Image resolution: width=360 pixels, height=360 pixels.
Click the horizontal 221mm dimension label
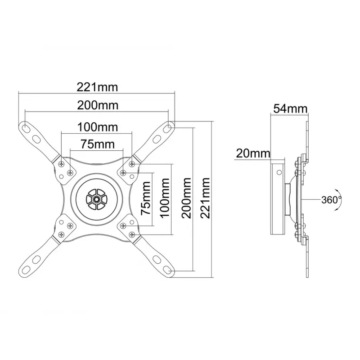(x=97, y=87)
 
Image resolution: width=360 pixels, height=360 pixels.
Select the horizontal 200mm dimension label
(x=98, y=105)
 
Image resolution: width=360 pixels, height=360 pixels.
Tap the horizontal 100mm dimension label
(x=98, y=127)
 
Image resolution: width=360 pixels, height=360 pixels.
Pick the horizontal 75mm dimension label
(x=98, y=144)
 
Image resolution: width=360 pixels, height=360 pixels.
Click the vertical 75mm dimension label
(x=146, y=198)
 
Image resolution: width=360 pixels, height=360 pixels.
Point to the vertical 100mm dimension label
(x=165, y=198)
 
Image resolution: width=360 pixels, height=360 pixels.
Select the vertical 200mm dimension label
(x=186, y=198)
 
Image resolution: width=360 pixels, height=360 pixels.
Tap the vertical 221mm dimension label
(x=205, y=198)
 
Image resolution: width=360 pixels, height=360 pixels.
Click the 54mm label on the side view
(x=290, y=108)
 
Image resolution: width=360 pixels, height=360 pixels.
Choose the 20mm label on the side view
(x=253, y=153)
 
